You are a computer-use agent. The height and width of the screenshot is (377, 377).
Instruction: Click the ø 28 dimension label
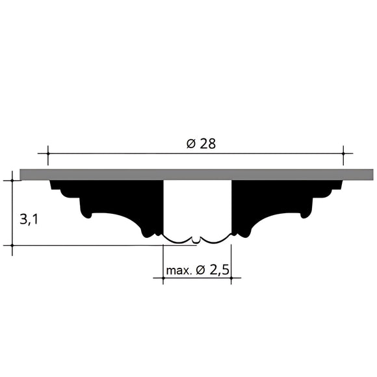coord(200,144)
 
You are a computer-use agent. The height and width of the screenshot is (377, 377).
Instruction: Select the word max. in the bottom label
coord(178,270)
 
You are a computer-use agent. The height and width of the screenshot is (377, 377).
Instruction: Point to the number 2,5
coord(218,269)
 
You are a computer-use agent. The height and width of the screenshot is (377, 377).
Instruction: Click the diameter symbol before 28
coord(191,144)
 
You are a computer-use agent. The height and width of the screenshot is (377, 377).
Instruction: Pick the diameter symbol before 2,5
coord(200,270)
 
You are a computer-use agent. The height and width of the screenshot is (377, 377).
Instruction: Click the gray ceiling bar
coord(195,174)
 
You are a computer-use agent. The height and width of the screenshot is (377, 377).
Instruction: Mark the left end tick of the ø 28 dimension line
coord(47,154)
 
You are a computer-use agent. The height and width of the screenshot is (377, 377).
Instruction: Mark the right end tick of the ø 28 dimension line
coord(343,154)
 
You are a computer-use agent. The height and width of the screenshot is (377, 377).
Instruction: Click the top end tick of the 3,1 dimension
coord(12,180)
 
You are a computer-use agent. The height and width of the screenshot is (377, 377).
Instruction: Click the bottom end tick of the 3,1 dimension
coord(12,246)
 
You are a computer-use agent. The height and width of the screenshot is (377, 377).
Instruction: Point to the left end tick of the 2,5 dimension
coord(162,279)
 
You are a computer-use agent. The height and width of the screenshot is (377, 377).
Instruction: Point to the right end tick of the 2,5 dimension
coord(231,279)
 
